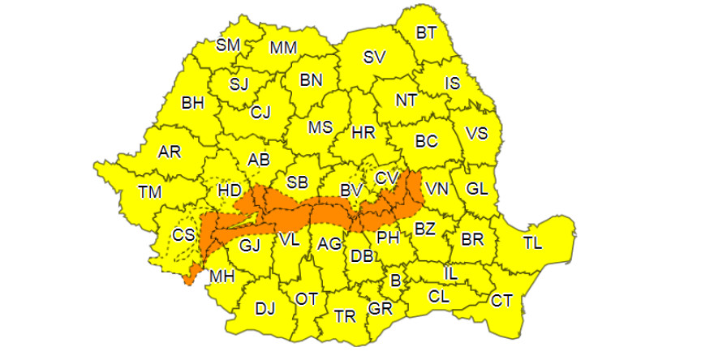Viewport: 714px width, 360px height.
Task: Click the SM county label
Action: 227,45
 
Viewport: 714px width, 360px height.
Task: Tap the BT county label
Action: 425,33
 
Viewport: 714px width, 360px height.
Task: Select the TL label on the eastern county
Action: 533,242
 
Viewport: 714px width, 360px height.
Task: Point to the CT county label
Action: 501,301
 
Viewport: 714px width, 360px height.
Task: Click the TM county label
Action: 150,192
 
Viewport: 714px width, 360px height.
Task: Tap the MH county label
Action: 222,276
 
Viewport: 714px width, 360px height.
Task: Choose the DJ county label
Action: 265,308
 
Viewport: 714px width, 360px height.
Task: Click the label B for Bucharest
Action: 396,281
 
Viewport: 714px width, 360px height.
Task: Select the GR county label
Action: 379,308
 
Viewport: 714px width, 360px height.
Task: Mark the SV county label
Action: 374,57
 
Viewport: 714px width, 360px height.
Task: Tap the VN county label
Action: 437,189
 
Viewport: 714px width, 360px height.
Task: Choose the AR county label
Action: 170,152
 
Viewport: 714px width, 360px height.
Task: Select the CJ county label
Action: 260,111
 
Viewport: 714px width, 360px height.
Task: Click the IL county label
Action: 450,274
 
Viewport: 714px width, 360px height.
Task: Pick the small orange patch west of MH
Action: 190,275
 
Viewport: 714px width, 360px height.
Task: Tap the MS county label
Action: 320,127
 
